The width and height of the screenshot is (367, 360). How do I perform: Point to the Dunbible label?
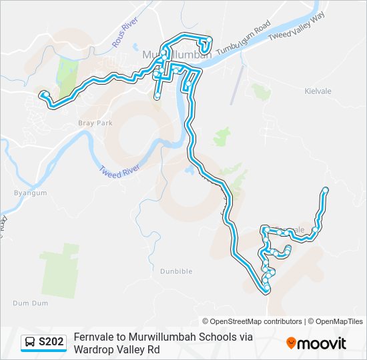176,271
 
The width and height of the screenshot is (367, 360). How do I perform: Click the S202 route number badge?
51,343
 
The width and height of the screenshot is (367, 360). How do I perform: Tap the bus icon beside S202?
30,343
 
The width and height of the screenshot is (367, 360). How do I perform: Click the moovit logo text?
322,343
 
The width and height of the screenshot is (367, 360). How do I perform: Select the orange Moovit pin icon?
291,343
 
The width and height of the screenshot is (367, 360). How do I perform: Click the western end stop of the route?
43,94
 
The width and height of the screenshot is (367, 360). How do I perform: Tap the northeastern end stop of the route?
326,190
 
